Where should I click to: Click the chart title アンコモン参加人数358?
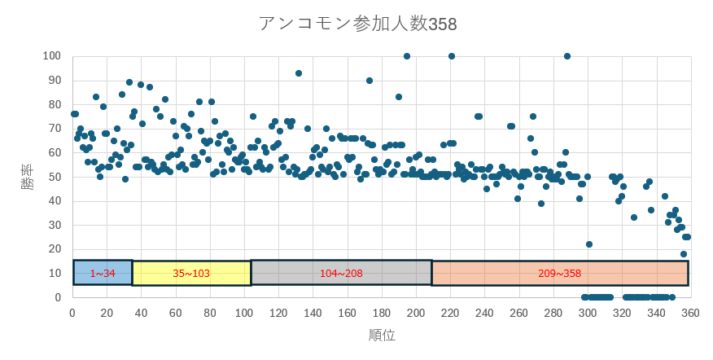(x=357, y=24)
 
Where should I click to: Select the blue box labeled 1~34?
(x=103, y=273)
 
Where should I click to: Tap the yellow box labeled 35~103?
(x=191, y=273)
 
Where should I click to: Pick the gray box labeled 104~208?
(x=341, y=273)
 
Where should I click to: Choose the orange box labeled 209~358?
(x=559, y=273)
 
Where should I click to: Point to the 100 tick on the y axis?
(x=51, y=55)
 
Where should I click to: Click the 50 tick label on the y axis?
(x=55, y=177)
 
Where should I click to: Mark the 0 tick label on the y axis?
(x=58, y=297)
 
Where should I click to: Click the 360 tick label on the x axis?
(x=691, y=313)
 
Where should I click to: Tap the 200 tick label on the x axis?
(x=416, y=313)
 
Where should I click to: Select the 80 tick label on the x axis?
(x=210, y=313)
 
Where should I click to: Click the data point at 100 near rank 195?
(x=407, y=56)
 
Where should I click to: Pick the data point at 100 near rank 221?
(x=452, y=56)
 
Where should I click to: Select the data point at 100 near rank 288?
(x=567, y=56)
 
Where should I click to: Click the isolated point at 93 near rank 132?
(x=299, y=73)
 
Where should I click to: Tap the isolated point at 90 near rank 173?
(x=370, y=81)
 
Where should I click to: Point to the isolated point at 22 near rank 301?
(x=589, y=244)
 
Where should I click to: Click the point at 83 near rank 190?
(x=399, y=97)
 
